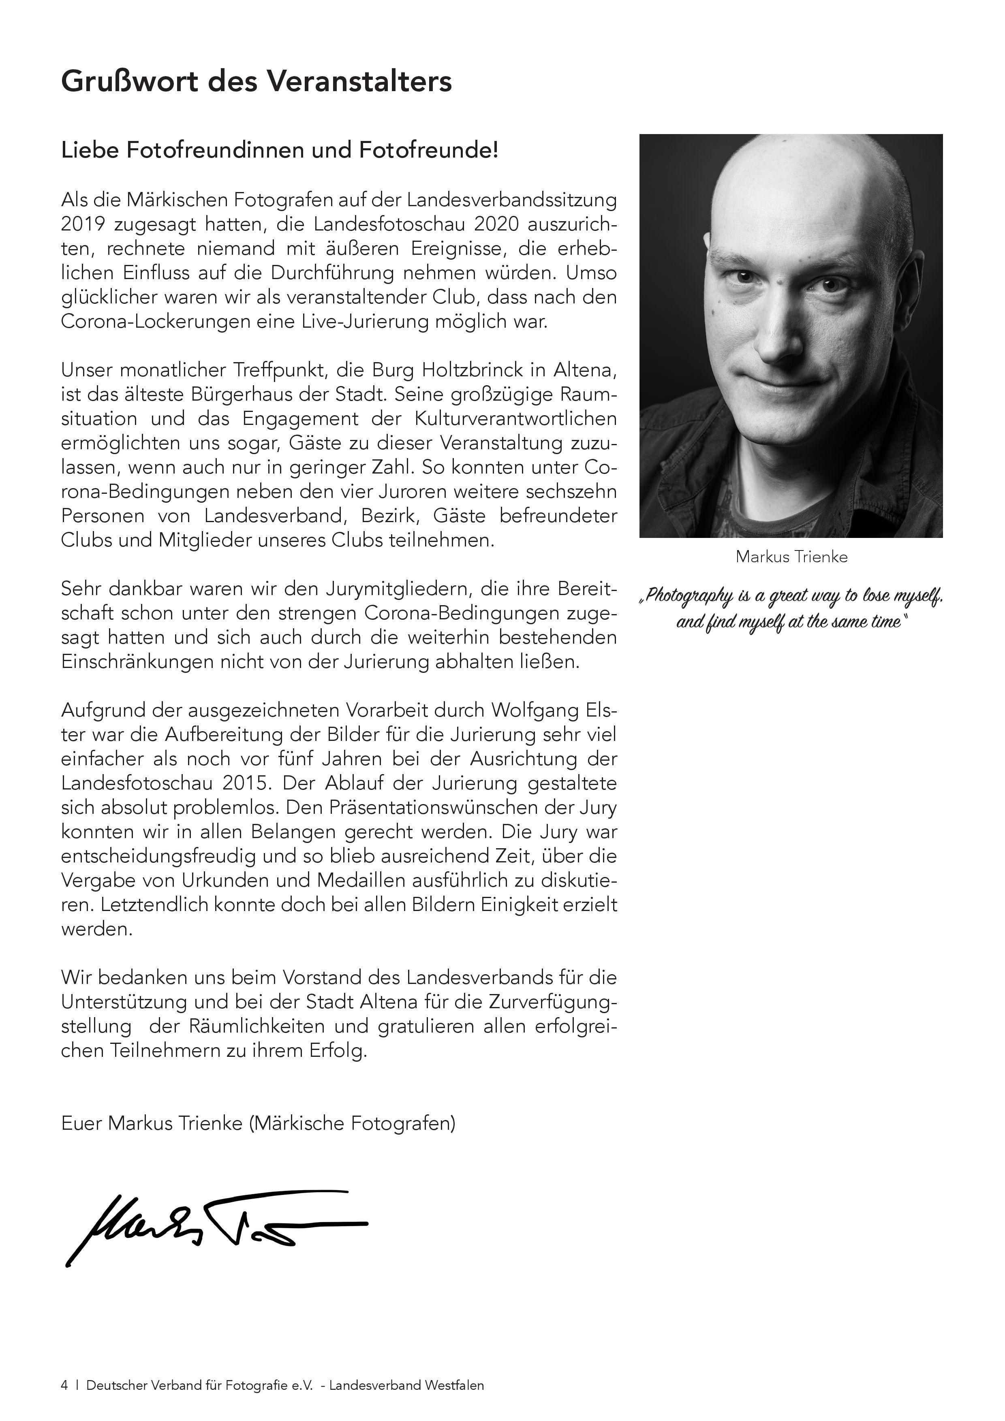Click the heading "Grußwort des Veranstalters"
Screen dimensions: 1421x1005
tap(257, 82)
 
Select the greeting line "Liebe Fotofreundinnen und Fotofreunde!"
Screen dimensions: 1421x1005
tap(279, 150)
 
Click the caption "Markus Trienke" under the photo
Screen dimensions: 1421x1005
tap(791, 557)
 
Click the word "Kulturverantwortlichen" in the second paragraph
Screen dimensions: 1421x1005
tap(514, 419)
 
